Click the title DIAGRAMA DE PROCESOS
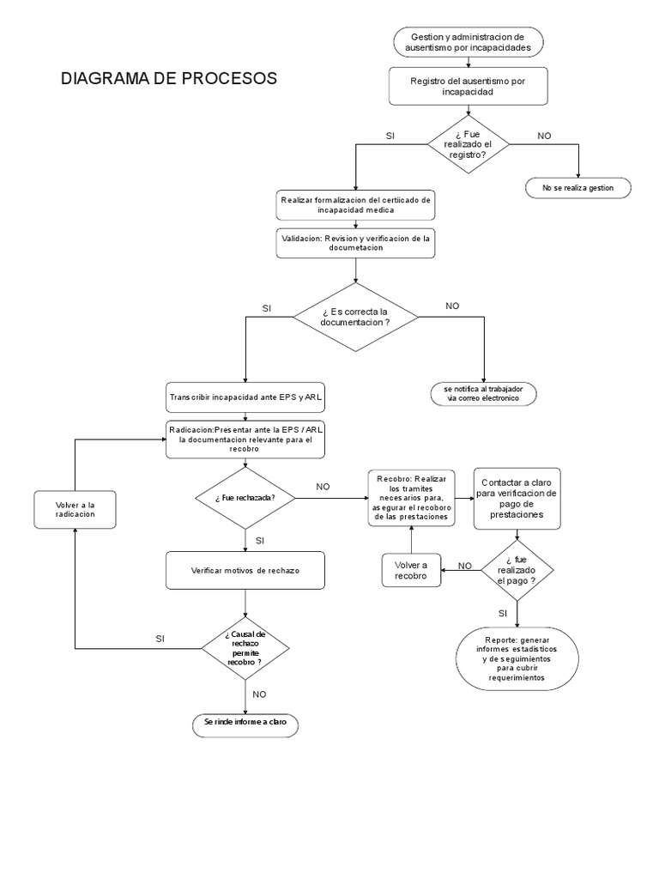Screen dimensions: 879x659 pos(169,79)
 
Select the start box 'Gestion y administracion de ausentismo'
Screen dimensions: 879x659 pos(468,42)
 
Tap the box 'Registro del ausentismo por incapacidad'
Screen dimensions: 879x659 pos(468,86)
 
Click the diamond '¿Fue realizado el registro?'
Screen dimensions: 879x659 pos(468,143)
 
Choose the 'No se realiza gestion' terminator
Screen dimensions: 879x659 pos(577,187)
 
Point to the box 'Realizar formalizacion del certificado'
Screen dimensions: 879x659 pos(355,204)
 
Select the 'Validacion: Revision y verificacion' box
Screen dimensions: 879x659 pos(355,243)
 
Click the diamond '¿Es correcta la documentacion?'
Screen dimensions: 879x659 pos(355,316)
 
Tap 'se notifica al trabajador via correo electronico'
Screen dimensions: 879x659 pos(484,394)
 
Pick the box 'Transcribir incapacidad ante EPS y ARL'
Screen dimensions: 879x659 pos(245,398)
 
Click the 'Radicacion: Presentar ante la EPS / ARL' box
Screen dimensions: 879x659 pos(245,439)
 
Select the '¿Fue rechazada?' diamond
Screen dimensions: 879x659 pos(245,498)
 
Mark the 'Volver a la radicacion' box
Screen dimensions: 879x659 pos(75,509)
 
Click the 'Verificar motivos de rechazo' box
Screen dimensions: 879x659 pos(245,570)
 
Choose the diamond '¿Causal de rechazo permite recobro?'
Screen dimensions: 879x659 pos(245,648)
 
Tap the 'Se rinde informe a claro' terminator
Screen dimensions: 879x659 pos(245,724)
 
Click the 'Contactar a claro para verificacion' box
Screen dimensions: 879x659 pos(517,499)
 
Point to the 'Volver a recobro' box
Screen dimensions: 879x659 pos(411,570)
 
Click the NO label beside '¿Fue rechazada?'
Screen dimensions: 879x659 pos(323,486)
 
